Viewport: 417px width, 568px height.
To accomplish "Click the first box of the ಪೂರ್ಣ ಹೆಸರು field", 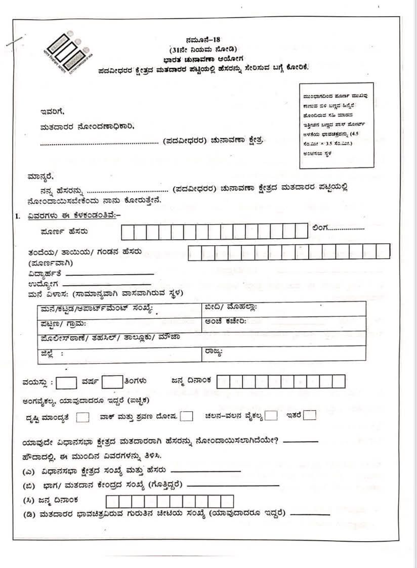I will click(x=128, y=232).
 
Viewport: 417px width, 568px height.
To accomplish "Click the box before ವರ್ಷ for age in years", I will click(x=66, y=382).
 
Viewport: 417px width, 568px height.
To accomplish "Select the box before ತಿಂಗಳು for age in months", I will click(x=112, y=382).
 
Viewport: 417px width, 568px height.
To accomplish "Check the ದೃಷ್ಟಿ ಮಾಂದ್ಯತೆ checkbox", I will click(x=84, y=417).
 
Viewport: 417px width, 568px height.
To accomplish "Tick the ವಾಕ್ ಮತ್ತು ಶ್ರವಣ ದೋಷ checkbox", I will click(x=187, y=416).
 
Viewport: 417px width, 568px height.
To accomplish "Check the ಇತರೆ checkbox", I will click(x=310, y=416).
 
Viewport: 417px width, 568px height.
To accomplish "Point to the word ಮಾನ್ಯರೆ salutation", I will click(x=40, y=177).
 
